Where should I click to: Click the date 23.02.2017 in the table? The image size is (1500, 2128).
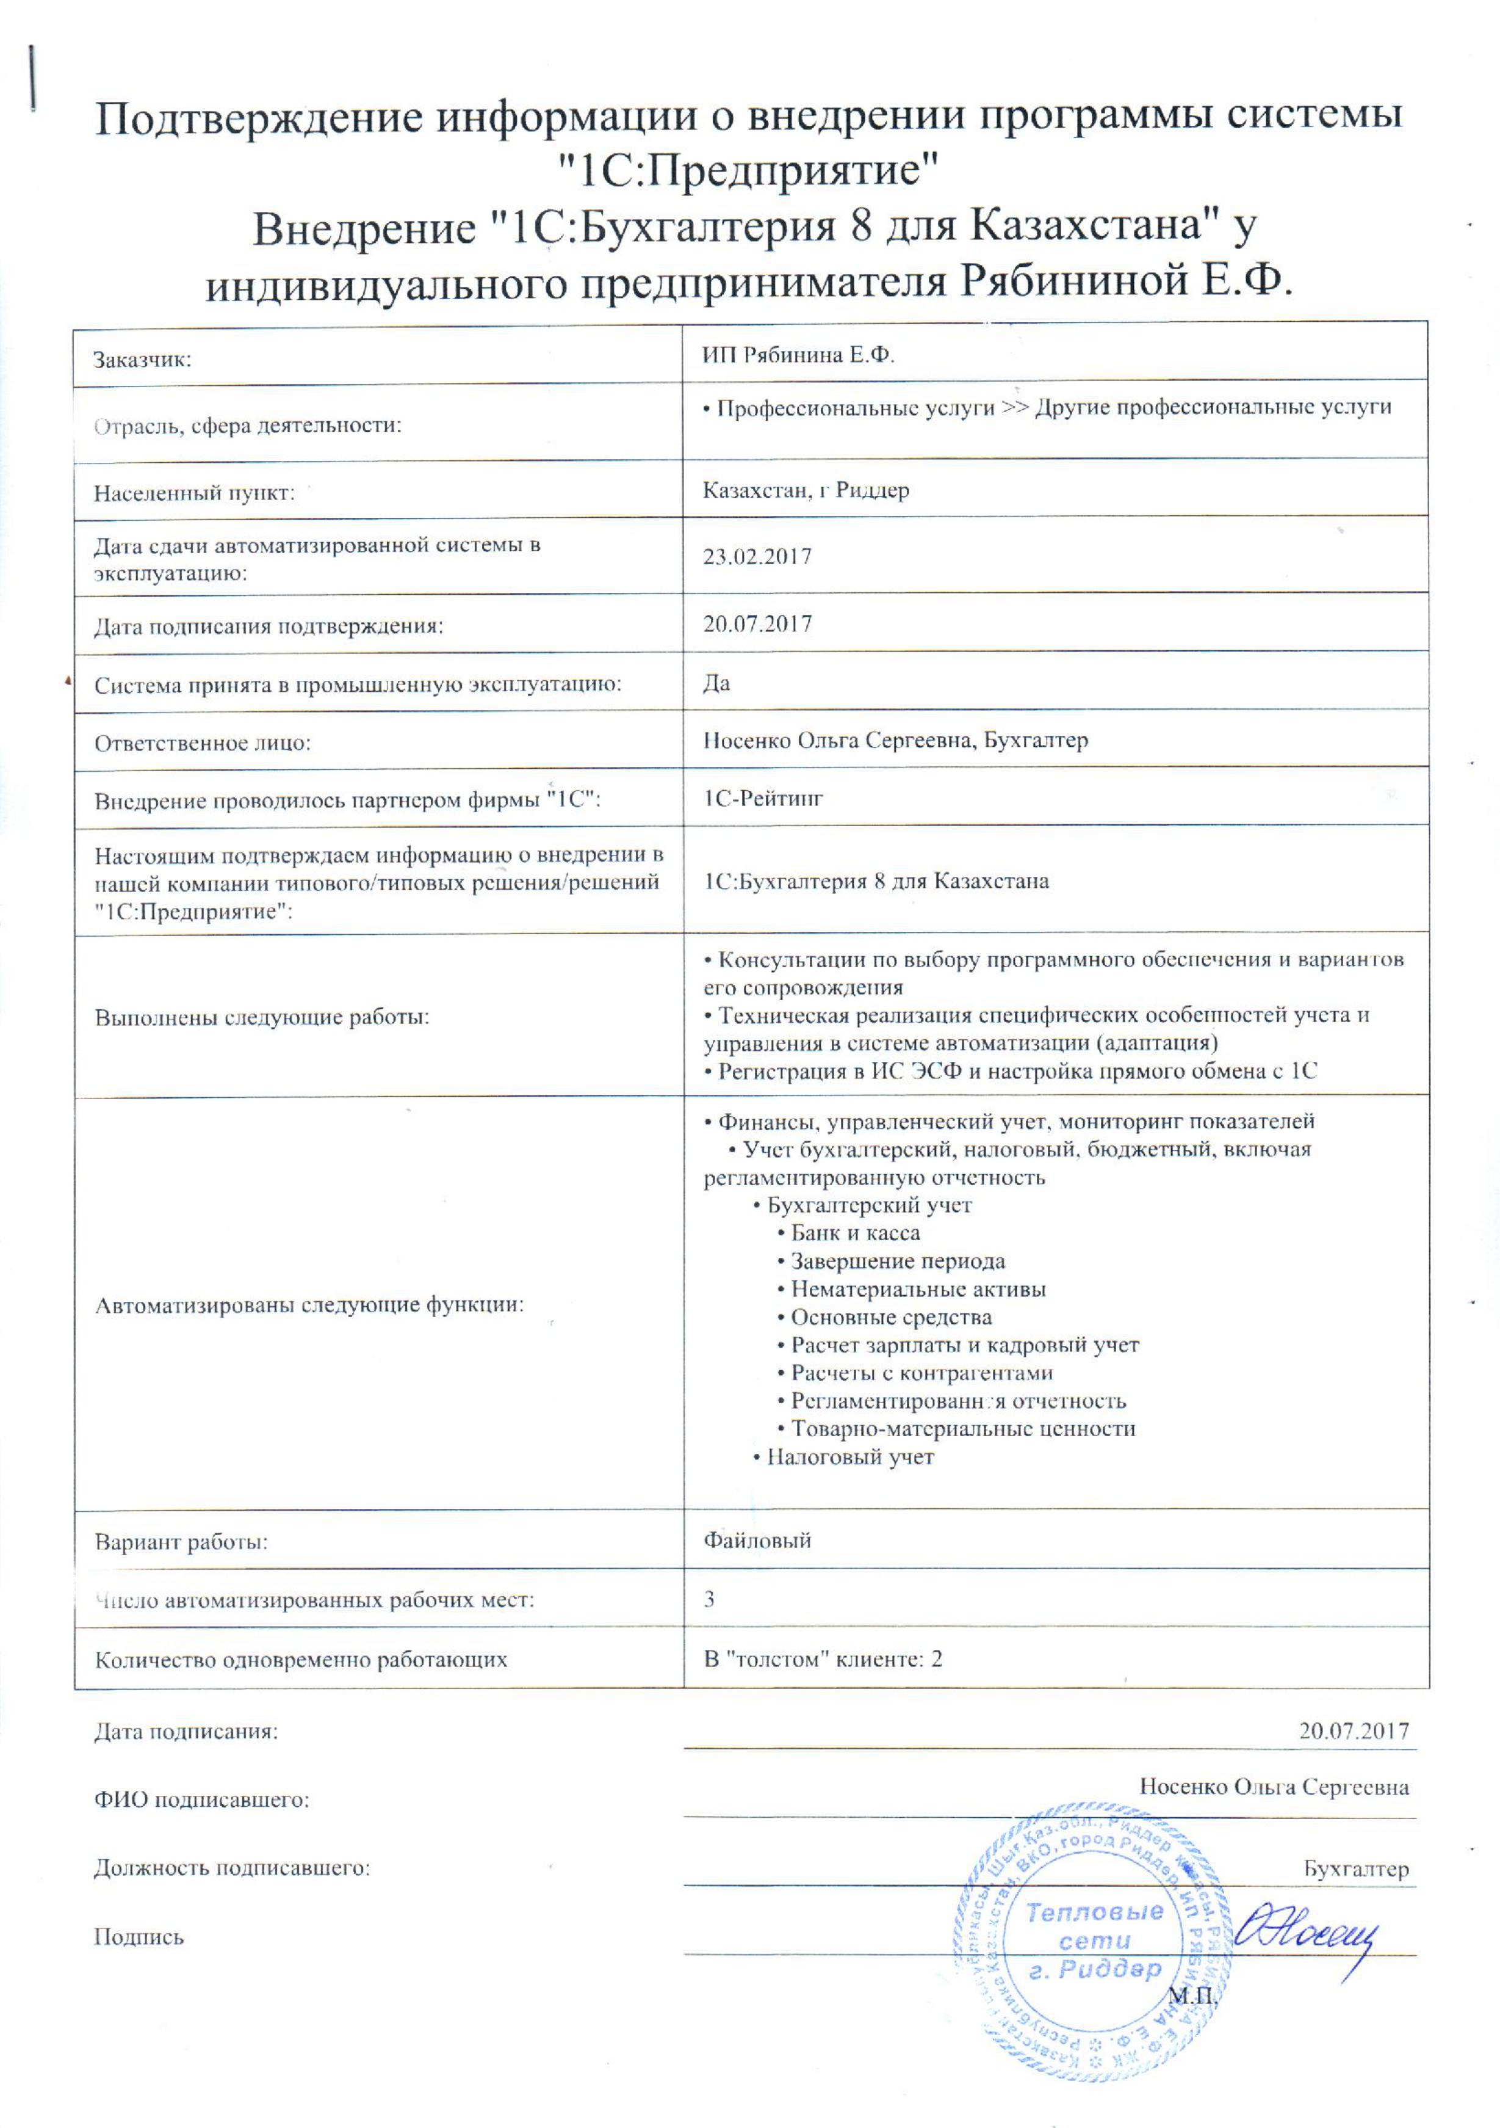point(757,557)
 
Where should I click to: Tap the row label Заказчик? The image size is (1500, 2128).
point(142,360)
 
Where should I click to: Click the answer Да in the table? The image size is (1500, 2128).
point(716,683)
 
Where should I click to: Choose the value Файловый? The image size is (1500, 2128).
point(757,1541)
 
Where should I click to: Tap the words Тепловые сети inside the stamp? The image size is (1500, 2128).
point(1095,1925)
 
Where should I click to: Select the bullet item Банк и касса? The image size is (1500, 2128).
point(854,1233)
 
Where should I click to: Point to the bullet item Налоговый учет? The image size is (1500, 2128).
point(849,1457)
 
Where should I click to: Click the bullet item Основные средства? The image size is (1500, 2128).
point(890,1317)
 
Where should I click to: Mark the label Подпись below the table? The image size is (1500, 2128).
point(139,1937)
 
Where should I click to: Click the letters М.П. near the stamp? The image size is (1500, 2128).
point(1191,1995)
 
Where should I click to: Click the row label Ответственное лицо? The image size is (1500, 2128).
point(202,743)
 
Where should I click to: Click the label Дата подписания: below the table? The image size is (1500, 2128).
point(186,1731)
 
